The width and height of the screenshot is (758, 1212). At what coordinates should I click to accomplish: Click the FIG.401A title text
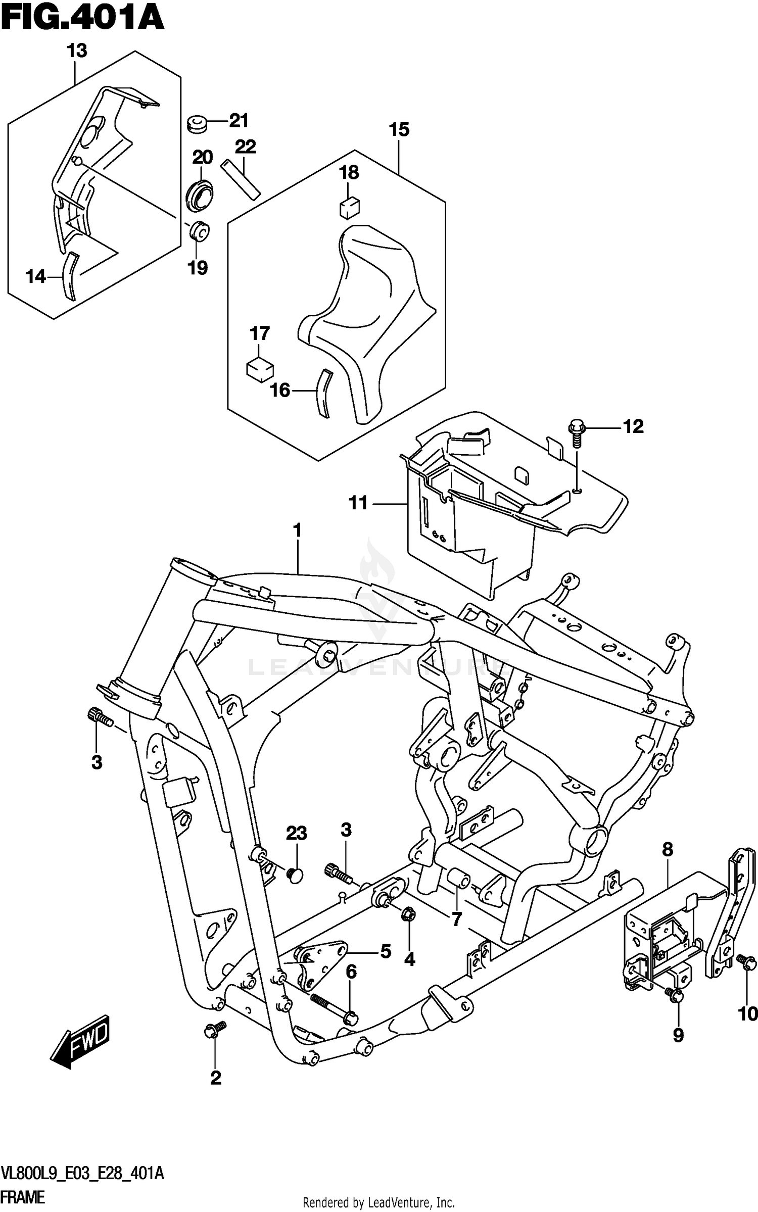(82, 19)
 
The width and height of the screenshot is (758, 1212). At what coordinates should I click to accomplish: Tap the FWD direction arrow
(80, 1049)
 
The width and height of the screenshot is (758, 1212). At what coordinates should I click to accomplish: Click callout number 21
(239, 121)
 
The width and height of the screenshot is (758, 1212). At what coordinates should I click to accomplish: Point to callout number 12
(633, 427)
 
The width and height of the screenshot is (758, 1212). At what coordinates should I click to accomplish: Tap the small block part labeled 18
(349, 207)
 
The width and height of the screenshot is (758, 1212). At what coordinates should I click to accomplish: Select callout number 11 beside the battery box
(358, 503)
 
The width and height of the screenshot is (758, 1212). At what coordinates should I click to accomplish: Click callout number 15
(399, 129)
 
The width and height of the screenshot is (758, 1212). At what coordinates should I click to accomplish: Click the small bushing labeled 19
(199, 232)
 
